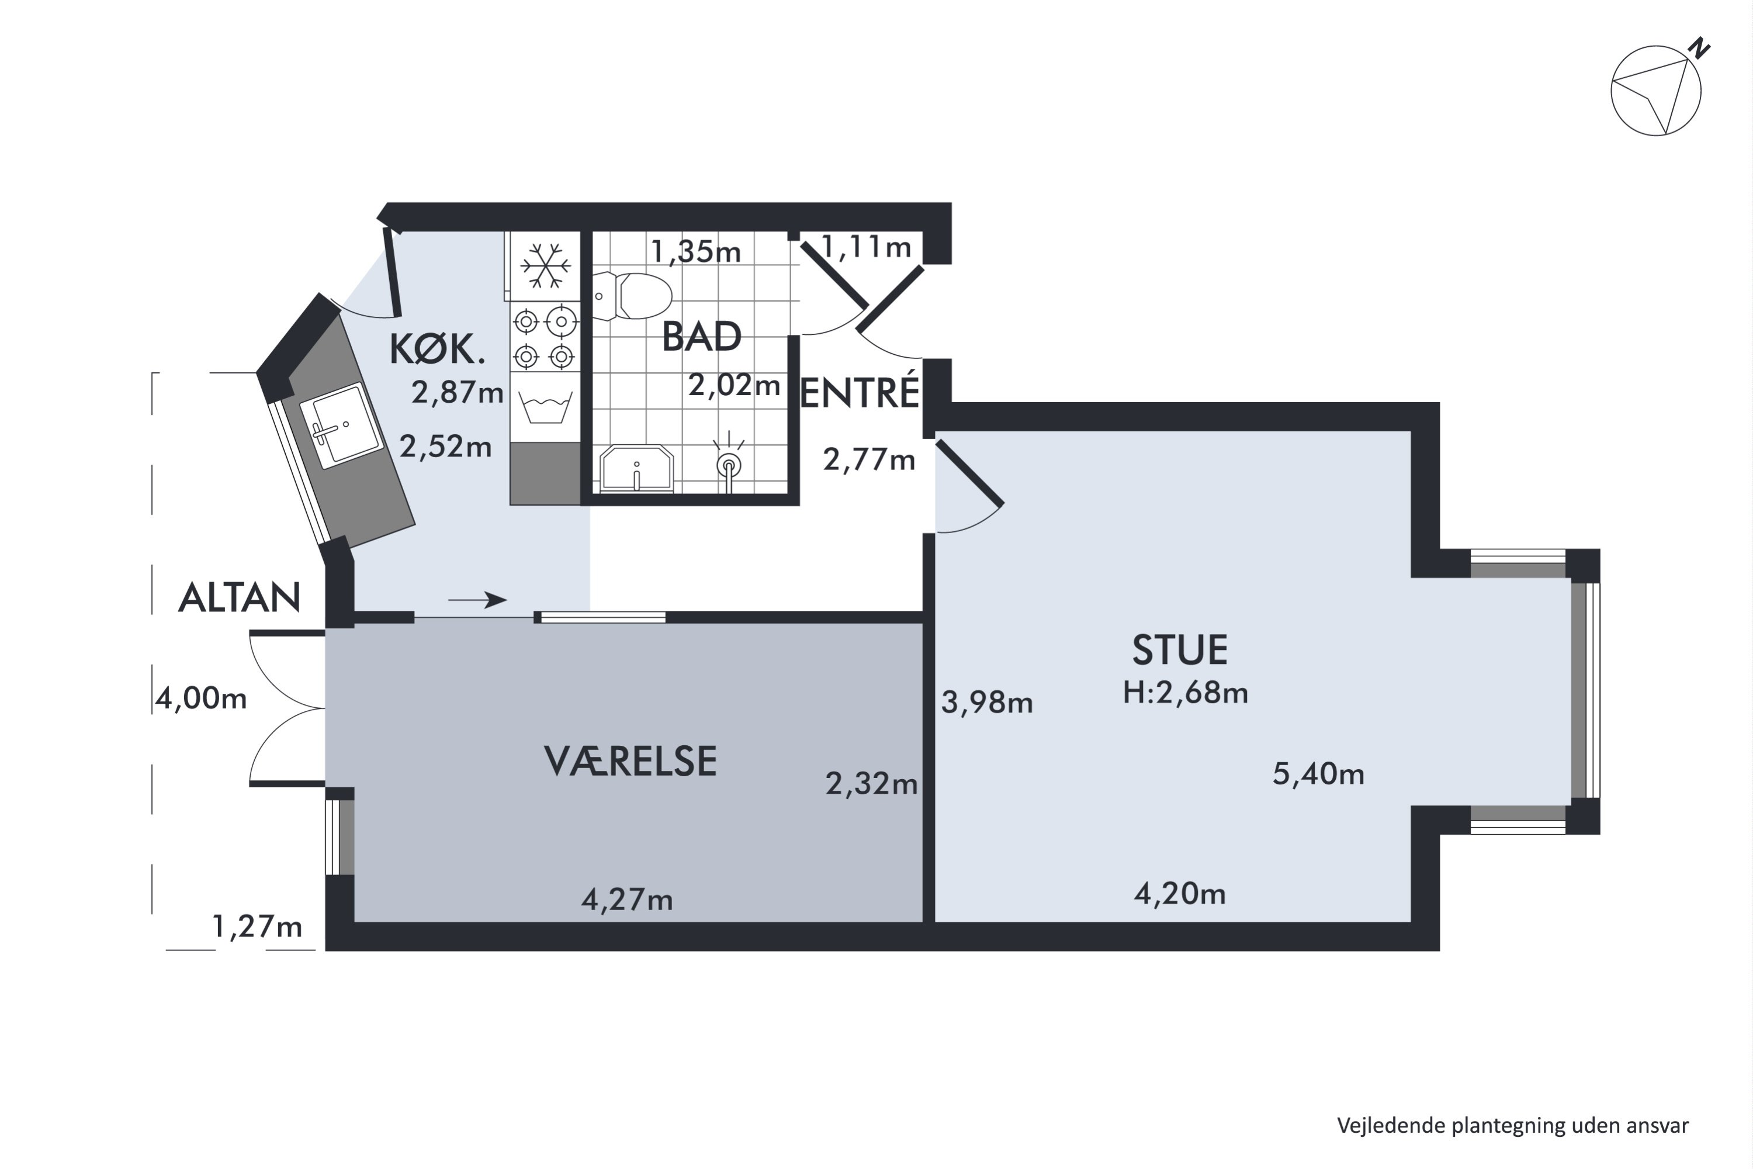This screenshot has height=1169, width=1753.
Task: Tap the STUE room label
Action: [x=1180, y=649]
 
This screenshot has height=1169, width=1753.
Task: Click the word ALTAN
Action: [x=239, y=598]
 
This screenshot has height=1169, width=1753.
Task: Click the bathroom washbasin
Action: [x=636, y=469]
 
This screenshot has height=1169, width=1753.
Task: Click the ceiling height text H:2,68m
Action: [x=1185, y=693]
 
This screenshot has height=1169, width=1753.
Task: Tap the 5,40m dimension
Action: [x=1318, y=774]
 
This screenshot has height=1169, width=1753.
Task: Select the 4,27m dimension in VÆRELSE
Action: [x=627, y=900]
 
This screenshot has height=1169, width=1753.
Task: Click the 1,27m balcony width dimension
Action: [x=257, y=926]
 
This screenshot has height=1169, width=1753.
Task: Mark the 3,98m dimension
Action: [x=987, y=703]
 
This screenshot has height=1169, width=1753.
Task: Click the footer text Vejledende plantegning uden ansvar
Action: [x=1513, y=1126]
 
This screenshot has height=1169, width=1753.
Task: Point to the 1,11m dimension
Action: [x=865, y=247]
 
